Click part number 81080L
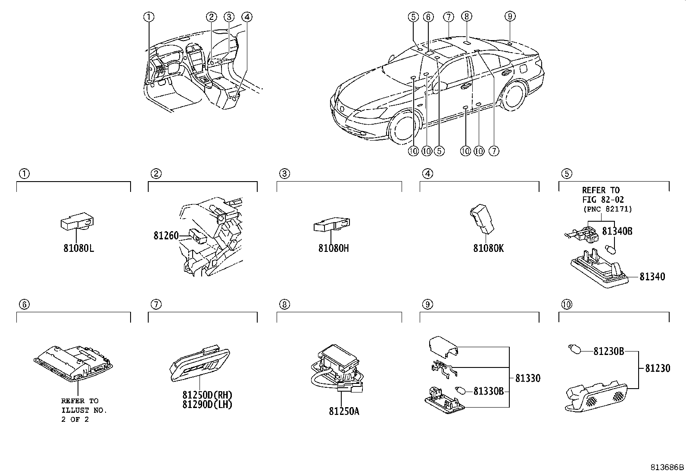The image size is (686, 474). point(78,249)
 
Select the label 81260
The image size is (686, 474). point(166,235)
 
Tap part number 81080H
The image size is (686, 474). point(334,248)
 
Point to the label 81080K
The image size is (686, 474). point(488,248)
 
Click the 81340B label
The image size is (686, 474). point(617,231)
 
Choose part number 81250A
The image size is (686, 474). point(344,411)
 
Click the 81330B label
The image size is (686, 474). point(488,391)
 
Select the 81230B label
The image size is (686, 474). point(608,352)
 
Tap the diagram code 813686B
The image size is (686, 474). point(667,467)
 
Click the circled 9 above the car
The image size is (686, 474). point(509,16)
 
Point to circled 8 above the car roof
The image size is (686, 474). point(466,16)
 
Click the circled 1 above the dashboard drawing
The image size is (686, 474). point(148,17)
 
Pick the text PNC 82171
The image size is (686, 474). point(608,209)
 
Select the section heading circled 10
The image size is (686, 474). point(567,304)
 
